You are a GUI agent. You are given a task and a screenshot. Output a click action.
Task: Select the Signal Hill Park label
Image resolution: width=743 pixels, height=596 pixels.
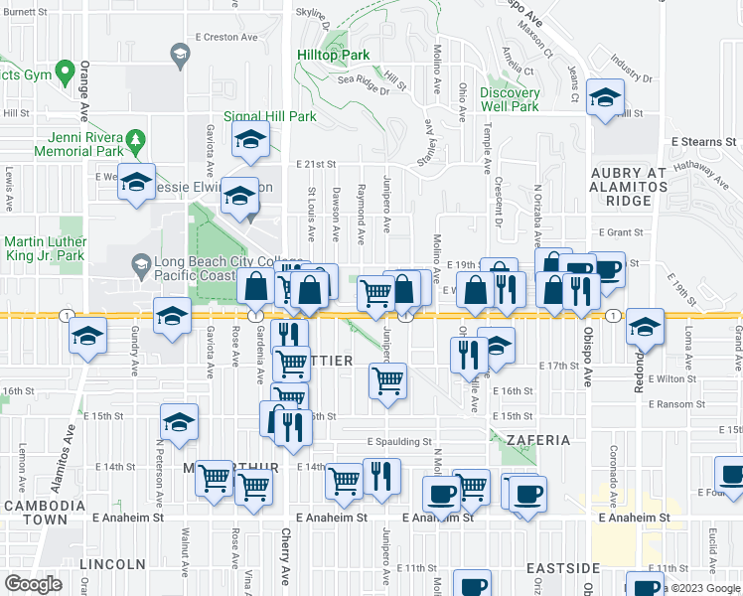tap(269, 116)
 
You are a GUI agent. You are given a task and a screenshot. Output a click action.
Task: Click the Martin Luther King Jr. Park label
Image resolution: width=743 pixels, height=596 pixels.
tap(44, 249)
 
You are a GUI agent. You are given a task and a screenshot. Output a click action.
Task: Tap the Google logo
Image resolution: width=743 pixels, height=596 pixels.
tap(33, 584)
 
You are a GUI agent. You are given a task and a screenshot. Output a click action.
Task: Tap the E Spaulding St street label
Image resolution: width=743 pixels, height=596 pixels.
tap(399, 441)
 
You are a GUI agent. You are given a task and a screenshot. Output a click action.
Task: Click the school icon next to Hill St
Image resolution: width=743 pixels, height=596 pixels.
tap(603, 98)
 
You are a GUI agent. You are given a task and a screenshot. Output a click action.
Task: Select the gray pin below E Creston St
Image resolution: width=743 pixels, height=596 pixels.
tap(180, 57)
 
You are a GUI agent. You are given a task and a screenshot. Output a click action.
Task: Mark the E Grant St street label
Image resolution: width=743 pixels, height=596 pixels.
tap(622, 232)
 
